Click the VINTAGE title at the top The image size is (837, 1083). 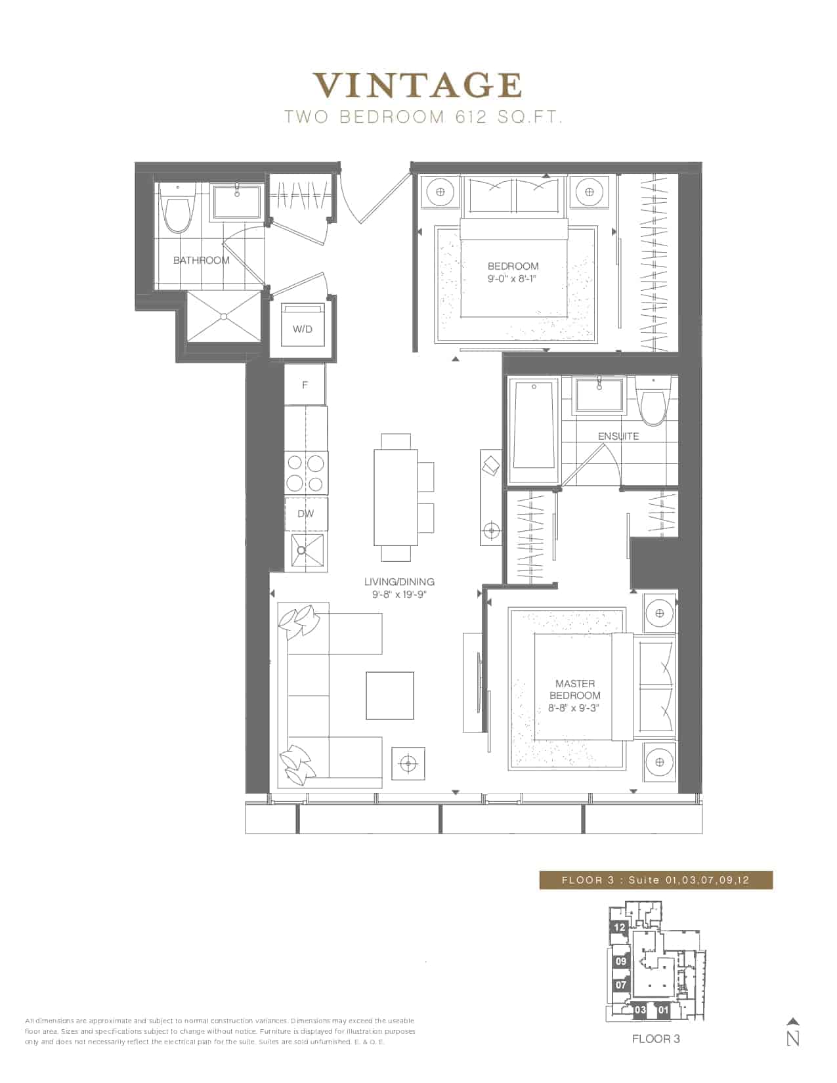pos(418,86)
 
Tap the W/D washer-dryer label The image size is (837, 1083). pos(303,329)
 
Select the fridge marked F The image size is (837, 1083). pos(305,384)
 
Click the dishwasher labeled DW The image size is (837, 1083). pos(306,514)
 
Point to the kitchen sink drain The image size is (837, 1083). pos(301,550)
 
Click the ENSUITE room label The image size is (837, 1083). pos(618,436)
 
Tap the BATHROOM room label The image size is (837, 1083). pos(202,260)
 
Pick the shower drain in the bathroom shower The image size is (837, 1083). pos(224,316)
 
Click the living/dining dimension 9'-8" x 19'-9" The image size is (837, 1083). pos(399,595)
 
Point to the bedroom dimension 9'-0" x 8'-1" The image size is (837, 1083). pos(513,278)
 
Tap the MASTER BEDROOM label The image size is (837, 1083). pos(575,689)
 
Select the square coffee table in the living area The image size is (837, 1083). pos(390,696)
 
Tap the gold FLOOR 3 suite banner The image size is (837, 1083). pos(656,880)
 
